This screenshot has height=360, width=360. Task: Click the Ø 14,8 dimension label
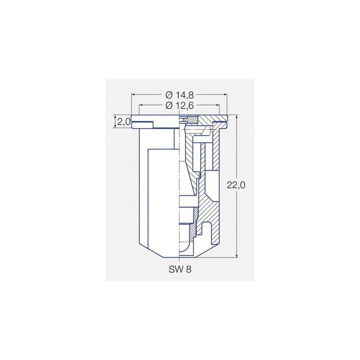180,95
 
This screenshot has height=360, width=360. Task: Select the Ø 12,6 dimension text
180,105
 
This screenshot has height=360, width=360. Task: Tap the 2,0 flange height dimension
124,121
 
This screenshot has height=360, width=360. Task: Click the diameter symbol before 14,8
169,95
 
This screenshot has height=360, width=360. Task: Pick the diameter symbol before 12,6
169,105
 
